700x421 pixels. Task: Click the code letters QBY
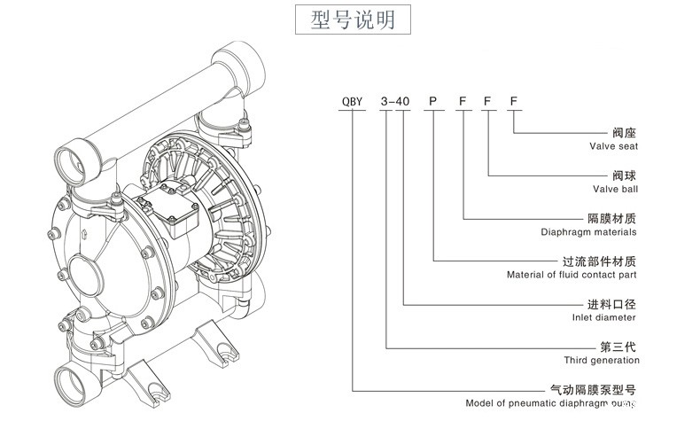tap(354, 103)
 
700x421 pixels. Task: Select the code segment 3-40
tap(394, 103)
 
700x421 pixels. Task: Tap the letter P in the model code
tap(433, 103)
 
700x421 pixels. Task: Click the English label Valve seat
tap(613, 146)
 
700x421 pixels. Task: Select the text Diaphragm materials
tap(588, 232)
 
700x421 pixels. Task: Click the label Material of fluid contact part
tap(572, 275)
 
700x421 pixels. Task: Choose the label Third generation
tap(602, 361)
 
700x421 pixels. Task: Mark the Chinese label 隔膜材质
tap(612, 218)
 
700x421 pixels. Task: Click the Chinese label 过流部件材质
tap(600, 261)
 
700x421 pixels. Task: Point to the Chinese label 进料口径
tap(612, 304)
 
